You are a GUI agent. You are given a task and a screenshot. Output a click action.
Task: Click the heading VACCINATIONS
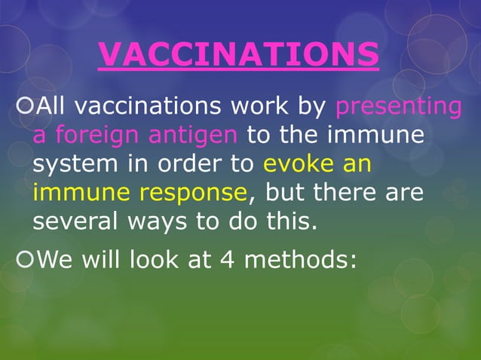point(238,53)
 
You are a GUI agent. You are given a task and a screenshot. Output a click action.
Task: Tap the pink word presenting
point(397,107)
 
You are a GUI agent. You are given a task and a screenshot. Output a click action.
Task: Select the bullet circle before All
point(24,107)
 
